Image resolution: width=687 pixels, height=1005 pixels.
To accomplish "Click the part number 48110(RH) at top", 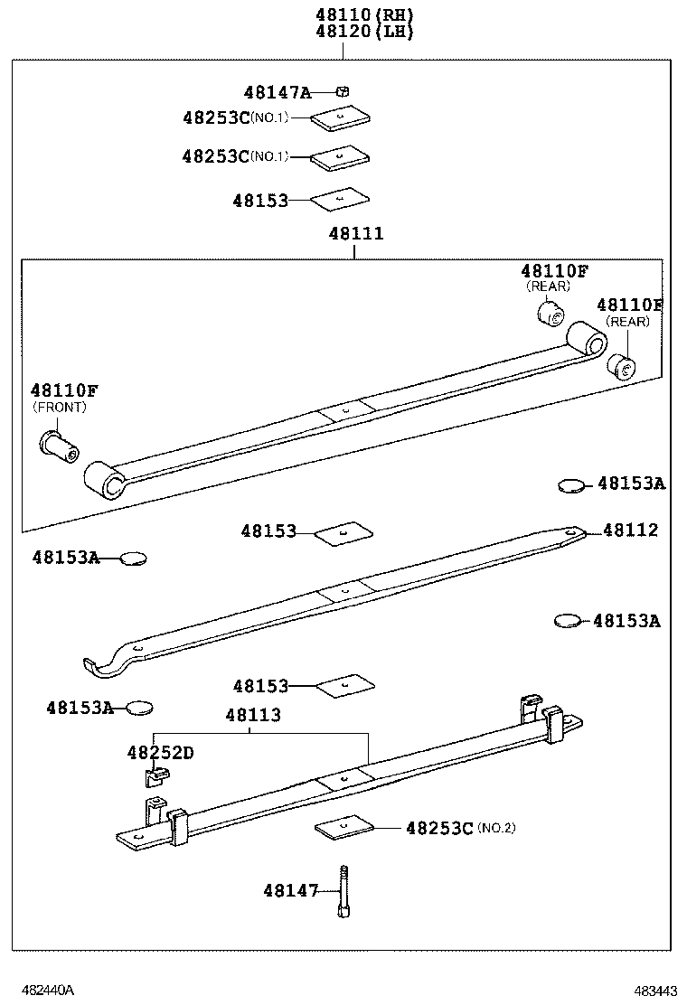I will (364, 15).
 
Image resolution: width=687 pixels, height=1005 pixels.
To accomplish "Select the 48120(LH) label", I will (364, 32).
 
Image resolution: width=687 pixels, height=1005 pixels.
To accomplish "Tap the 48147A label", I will (278, 92).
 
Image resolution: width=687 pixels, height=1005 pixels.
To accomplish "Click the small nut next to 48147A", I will (343, 91).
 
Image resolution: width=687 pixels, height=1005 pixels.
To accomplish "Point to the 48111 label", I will (356, 234).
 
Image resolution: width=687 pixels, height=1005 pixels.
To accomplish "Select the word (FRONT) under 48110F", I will (60, 408).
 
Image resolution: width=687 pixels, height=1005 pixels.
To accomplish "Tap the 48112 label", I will (631, 531).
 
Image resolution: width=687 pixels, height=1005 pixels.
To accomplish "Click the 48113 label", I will (253, 715).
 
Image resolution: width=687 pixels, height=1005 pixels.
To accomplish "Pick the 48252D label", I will (160, 752).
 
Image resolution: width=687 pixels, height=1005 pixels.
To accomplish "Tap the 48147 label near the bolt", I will (291, 891).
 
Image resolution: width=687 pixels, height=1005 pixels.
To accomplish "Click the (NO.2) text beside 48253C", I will (496, 828).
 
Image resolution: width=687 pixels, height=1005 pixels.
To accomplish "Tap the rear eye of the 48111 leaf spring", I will (587, 343).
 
